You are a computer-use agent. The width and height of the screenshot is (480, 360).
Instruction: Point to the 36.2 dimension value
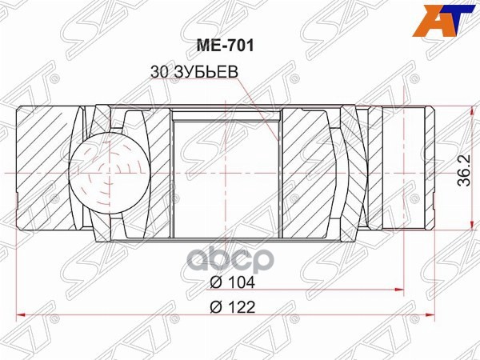pos(463,172)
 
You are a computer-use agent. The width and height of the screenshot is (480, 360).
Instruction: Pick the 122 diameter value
pos(239,308)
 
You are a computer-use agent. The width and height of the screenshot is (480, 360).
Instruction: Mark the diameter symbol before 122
pos(215,308)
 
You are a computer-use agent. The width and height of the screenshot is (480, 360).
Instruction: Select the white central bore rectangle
pos(226,172)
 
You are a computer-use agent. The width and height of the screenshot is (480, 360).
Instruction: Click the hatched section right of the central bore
pos(308,172)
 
